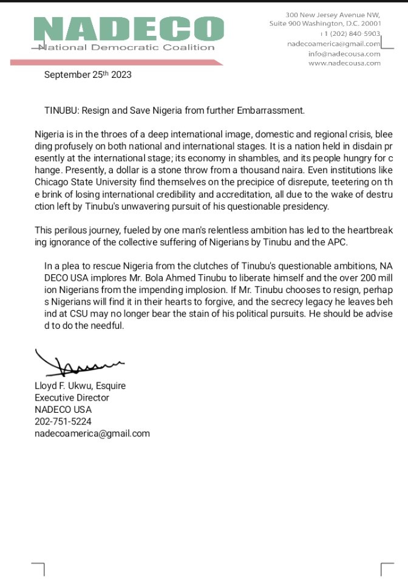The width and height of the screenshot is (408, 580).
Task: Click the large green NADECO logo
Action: [x=129, y=29]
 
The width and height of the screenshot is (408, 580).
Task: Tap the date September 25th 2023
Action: [x=87, y=75]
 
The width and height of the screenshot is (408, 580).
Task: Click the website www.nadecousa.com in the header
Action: [x=344, y=63]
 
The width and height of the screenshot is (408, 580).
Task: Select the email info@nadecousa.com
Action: [x=344, y=54]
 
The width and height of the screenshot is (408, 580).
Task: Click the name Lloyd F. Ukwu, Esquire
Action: [x=80, y=386]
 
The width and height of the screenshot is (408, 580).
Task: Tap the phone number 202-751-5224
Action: [x=63, y=421]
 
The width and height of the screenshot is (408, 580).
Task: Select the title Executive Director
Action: [x=72, y=398]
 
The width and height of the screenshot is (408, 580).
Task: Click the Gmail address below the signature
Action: [x=92, y=433]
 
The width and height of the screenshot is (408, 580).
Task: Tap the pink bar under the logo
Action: [x=115, y=61]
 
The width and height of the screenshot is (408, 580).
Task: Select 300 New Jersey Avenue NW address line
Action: [x=333, y=14]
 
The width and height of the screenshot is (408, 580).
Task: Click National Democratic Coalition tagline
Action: [x=126, y=47]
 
